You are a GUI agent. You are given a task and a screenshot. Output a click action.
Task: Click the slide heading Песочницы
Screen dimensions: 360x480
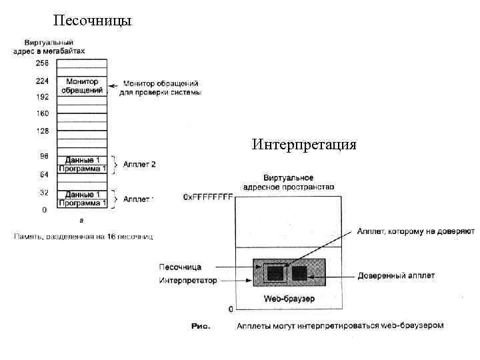pos(92,21)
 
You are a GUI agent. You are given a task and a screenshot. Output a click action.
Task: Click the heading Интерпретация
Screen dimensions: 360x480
pos(304,144)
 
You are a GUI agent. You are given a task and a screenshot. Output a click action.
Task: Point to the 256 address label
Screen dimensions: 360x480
pos(41,63)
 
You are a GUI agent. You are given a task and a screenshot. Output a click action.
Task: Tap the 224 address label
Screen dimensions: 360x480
pos(41,81)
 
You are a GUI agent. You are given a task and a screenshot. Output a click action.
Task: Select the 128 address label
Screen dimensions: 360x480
pos(41,131)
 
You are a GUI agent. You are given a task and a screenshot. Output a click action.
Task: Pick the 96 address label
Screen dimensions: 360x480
pos(43,156)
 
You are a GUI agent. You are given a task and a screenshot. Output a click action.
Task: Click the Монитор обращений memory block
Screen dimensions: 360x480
pos(82,86)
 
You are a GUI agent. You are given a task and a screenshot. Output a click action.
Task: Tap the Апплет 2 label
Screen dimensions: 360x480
pos(139,164)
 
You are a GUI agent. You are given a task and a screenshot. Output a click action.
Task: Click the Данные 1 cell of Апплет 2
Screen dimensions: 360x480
pos(82,160)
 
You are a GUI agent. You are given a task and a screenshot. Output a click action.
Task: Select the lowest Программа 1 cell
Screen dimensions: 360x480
pos(82,203)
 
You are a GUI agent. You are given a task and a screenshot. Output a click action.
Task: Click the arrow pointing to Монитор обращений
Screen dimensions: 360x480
pos(113,85)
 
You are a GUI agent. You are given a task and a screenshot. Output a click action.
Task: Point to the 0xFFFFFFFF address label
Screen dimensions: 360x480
pos(208,197)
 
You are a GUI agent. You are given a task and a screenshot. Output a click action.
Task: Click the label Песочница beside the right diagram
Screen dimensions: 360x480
pos(180,267)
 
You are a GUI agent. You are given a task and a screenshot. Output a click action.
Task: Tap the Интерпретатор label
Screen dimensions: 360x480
pos(188,281)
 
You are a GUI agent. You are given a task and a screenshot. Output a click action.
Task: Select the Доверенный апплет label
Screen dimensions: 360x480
pos(396,275)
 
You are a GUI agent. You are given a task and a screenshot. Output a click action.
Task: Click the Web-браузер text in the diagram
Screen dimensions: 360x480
pos(289,298)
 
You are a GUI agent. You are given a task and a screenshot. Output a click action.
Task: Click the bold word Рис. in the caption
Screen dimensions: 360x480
pos(201,326)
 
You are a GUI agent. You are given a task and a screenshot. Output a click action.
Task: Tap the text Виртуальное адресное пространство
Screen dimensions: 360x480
pos(289,183)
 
